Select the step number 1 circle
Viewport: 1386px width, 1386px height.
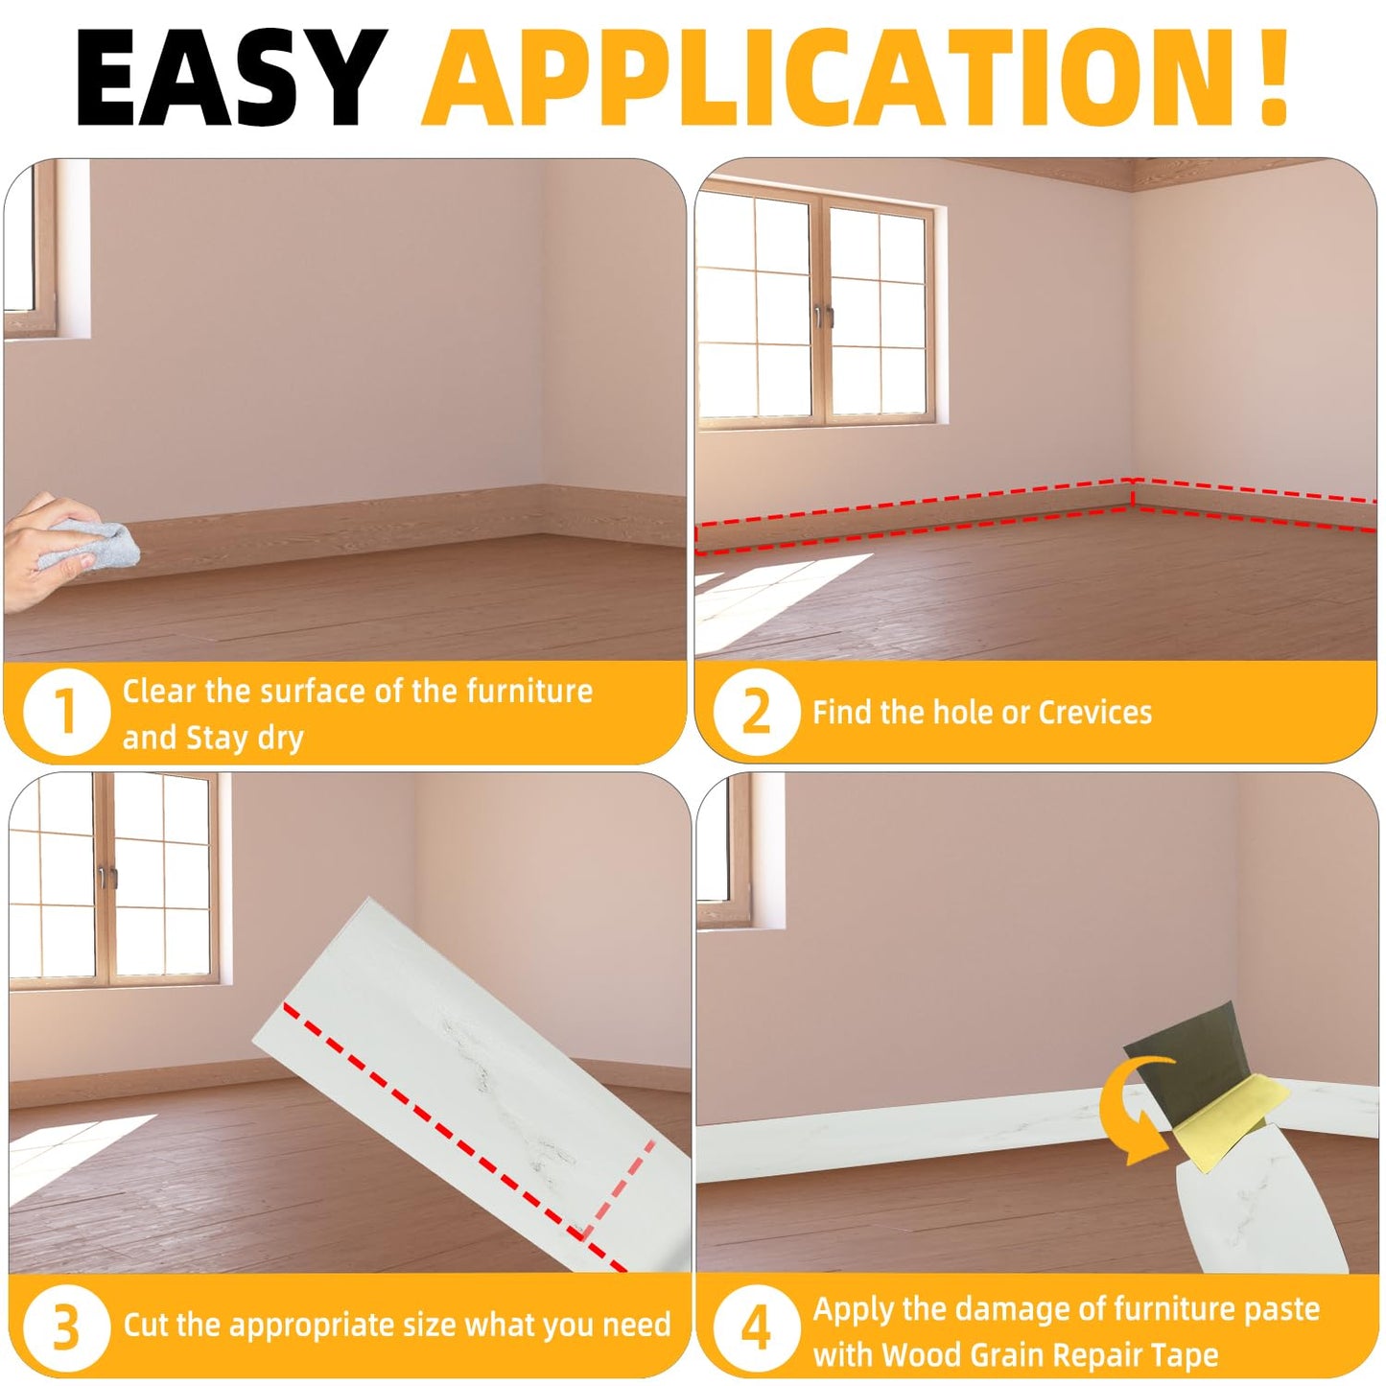pos(65,713)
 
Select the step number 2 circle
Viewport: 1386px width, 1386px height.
pos(756,713)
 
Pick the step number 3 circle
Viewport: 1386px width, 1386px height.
pos(65,1327)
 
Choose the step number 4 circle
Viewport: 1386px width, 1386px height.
pos(756,1327)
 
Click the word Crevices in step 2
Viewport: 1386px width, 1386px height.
pos(1094,713)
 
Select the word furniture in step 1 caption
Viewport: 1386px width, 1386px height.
pos(529,691)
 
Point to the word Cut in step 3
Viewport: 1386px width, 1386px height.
pos(146,1325)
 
